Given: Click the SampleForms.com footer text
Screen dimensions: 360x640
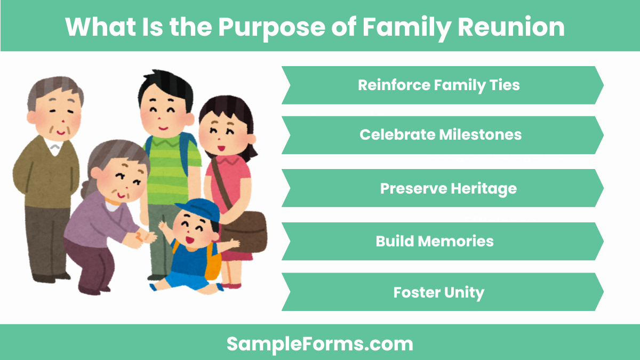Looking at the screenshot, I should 319,344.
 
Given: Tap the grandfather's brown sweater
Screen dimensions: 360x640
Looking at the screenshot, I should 45,171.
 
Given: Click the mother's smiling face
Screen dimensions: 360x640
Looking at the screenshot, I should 221,131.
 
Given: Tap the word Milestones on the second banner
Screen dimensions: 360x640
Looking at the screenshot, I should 481,135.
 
